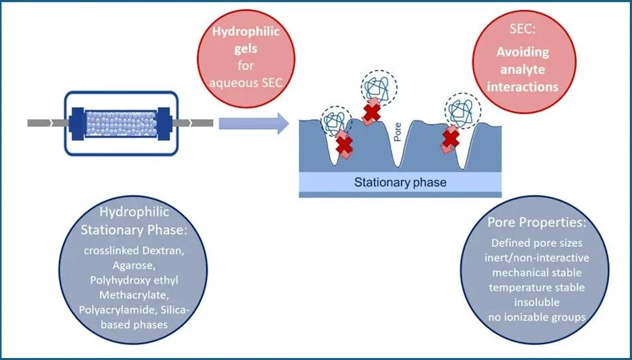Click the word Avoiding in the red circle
[x=523, y=52]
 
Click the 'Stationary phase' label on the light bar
[x=400, y=182]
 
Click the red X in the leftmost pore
[x=345, y=143]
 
